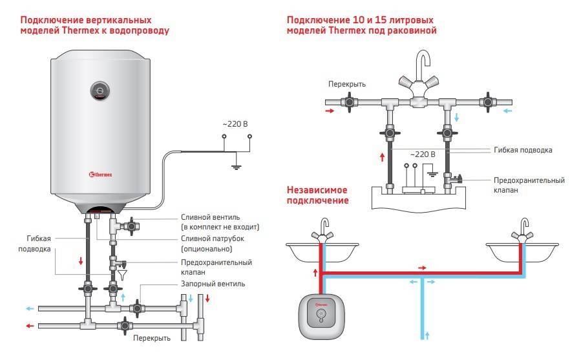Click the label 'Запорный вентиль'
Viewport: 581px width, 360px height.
(x=213, y=283)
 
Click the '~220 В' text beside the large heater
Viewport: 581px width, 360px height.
(x=235, y=122)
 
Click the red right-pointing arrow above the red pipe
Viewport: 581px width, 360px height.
(x=422, y=267)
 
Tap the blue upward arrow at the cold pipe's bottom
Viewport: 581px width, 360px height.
(x=426, y=335)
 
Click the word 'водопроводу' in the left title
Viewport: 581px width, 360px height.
(x=140, y=30)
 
